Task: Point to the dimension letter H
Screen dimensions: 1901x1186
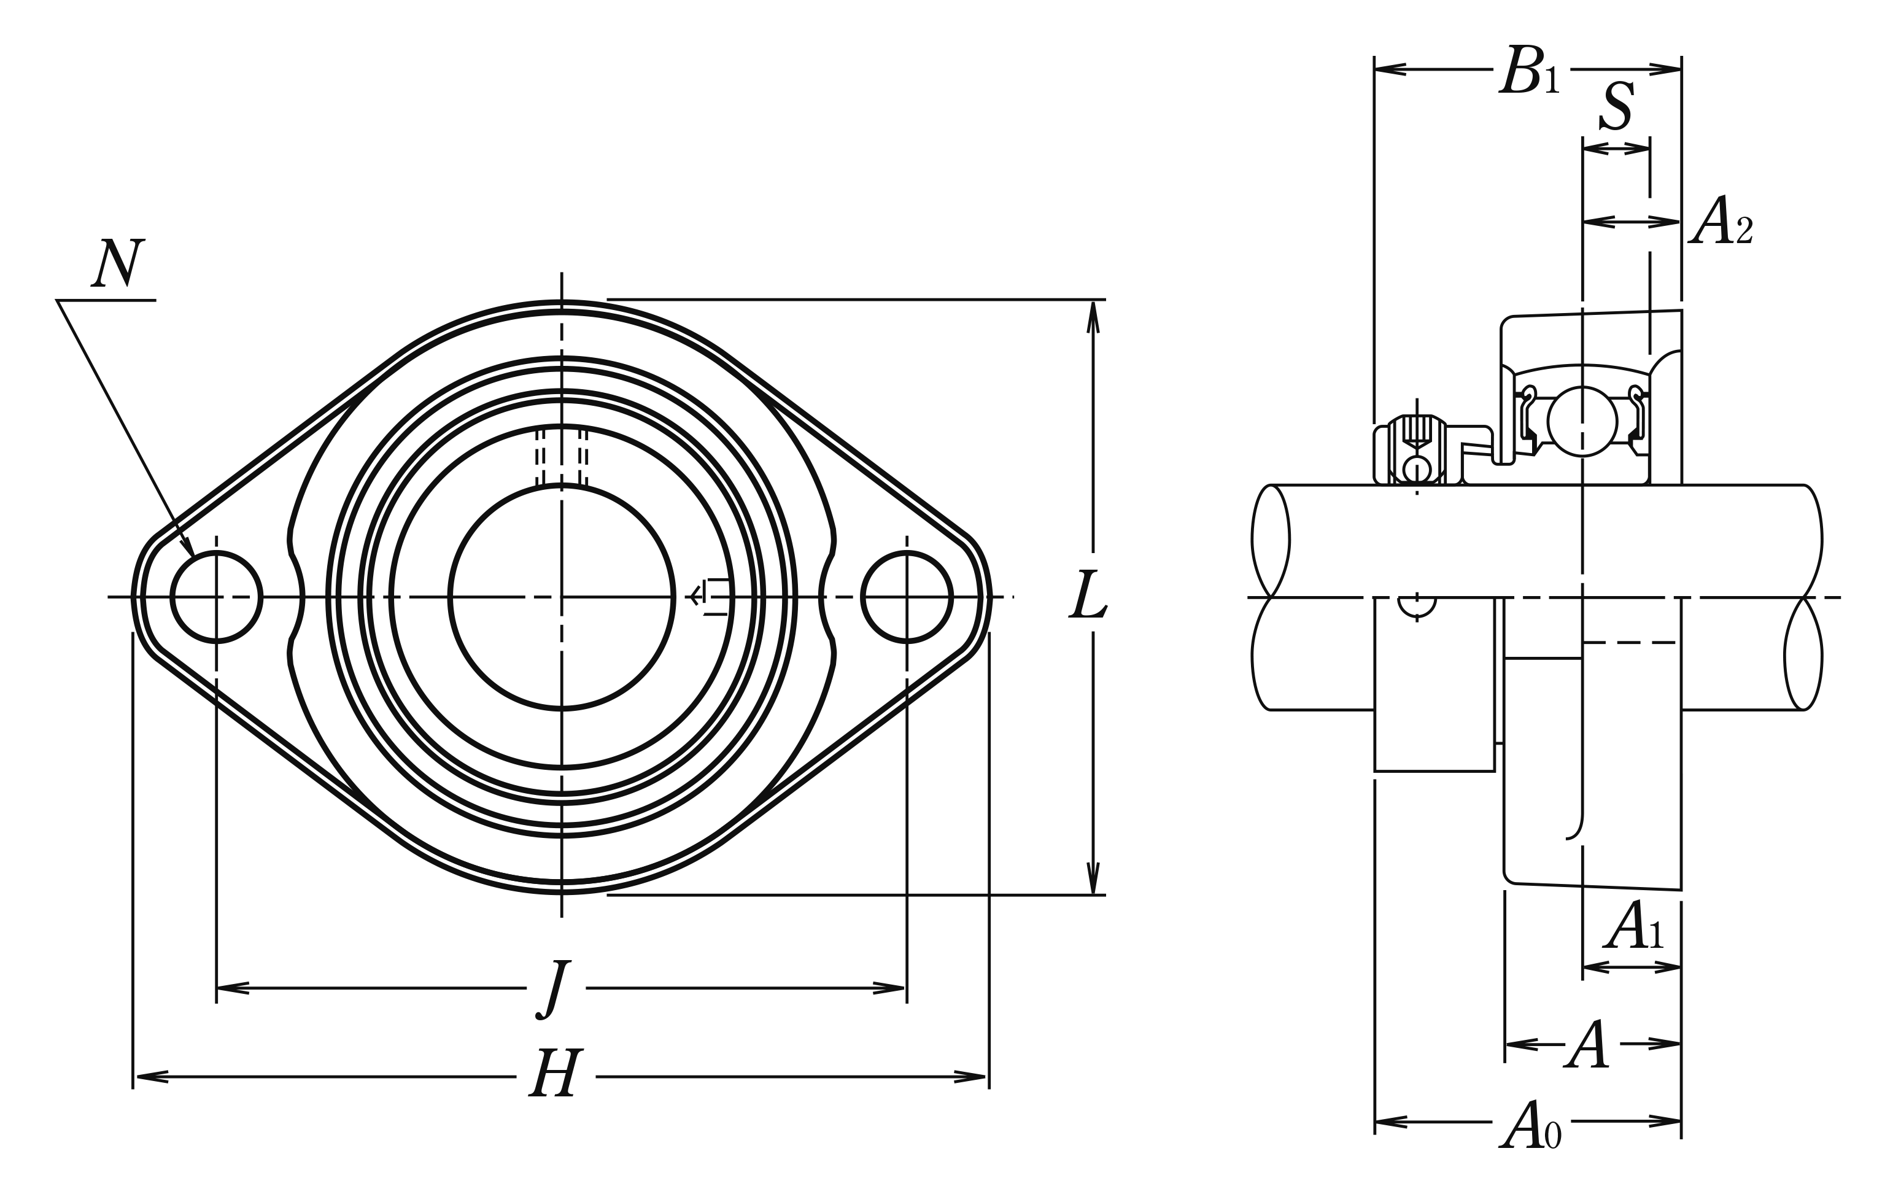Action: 556,1072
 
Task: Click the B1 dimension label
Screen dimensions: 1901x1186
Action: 1529,71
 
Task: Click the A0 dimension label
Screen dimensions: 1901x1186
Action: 1530,1124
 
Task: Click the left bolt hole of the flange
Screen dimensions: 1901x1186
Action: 217,597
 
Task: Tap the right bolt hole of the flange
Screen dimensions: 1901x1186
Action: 907,597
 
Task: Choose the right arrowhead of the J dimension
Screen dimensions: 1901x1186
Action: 889,988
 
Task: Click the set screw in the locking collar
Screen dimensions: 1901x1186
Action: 1417,451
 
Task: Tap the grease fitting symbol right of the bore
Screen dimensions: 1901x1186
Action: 708,597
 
